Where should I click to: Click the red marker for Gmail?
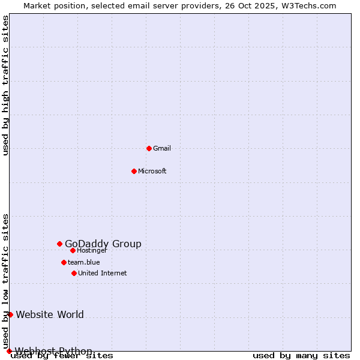pos(149,148)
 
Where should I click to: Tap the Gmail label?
pos(162,149)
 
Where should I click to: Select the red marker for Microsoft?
pos(134,171)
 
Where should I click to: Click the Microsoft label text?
pos(152,172)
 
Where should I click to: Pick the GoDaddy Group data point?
pos(59,244)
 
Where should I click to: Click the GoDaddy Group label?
pos(103,244)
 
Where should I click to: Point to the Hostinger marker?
pos(73,250)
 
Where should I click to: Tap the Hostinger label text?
pos(92,251)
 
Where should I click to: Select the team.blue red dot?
pos(64,262)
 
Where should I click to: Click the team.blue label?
pos(84,262)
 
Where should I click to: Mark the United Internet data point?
pos(74,273)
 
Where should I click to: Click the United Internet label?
pos(103,274)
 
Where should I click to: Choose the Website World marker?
pos(10,314)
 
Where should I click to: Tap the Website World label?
pos(50,314)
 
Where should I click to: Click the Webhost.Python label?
pos(53,351)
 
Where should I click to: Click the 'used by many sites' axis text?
pos(301,356)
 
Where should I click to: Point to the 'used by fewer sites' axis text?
pos(62,356)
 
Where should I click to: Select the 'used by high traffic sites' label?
pos(5,85)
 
